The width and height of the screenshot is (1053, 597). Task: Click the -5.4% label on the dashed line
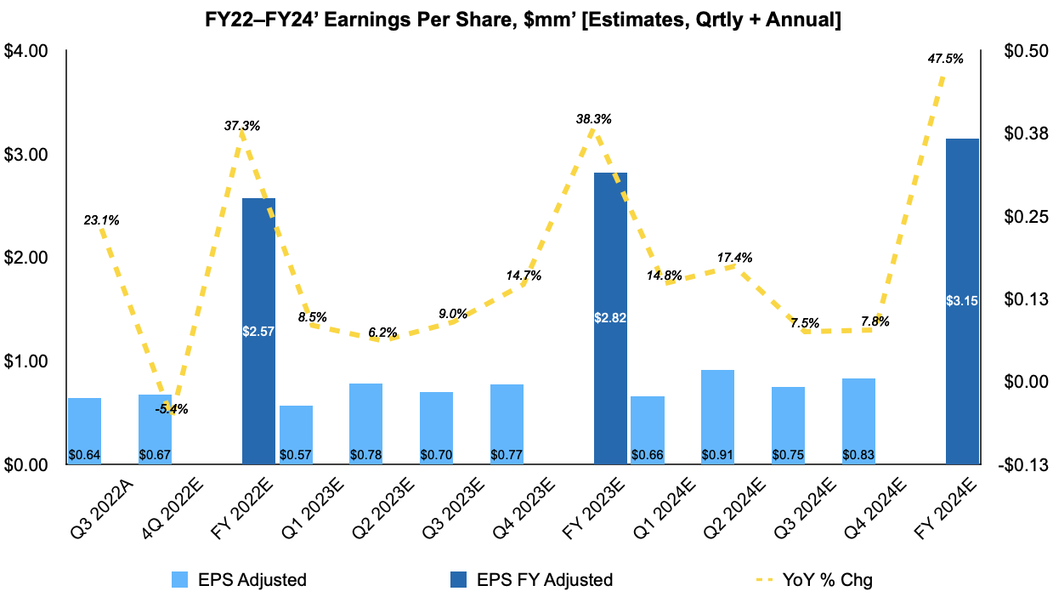click(172, 409)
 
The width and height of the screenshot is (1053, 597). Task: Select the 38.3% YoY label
click(593, 120)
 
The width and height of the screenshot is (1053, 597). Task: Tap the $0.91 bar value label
click(717, 455)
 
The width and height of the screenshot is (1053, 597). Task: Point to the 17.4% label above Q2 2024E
click(734, 257)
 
